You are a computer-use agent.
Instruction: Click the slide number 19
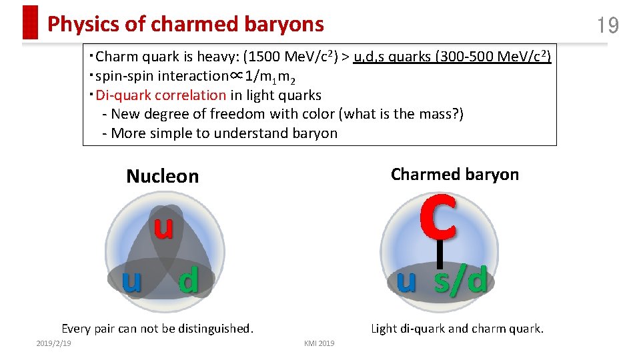click(x=608, y=26)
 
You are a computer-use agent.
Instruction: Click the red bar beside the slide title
click(x=30, y=23)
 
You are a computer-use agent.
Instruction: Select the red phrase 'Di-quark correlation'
click(x=161, y=95)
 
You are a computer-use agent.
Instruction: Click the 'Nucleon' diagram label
click(x=163, y=176)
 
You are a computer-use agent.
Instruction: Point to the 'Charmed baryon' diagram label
click(x=454, y=175)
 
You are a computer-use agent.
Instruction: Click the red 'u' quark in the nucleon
click(x=163, y=227)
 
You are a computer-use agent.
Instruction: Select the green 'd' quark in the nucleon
click(x=189, y=281)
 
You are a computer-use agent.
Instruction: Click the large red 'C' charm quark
click(x=438, y=217)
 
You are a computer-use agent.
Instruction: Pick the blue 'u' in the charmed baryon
click(x=406, y=281)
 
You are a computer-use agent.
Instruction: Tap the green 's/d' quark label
click(x=460, y=281)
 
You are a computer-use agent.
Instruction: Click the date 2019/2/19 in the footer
click(x=54, y=343)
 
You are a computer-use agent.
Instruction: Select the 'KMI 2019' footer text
click(x=319, y=343)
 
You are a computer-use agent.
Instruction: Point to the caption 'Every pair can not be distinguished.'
click(x=157, y=328)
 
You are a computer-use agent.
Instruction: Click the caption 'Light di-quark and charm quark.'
click(x=457, y=328)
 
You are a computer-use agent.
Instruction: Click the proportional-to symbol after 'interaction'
click(x=235, y=76)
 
